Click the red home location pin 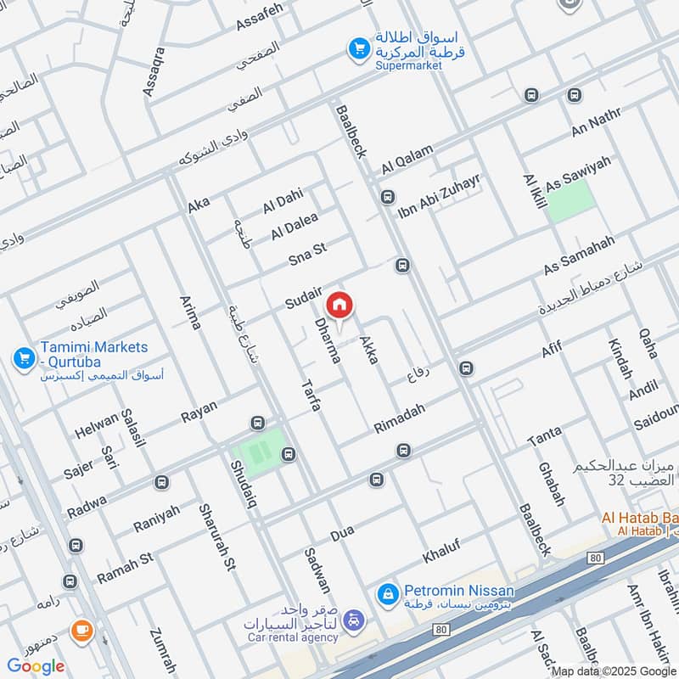(x=339, y=305)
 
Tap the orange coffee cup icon (x=81, y=630)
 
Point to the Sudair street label (x=304, y=298)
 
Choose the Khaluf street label (x=446, y=550)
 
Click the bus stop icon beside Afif (x=465, y=368)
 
